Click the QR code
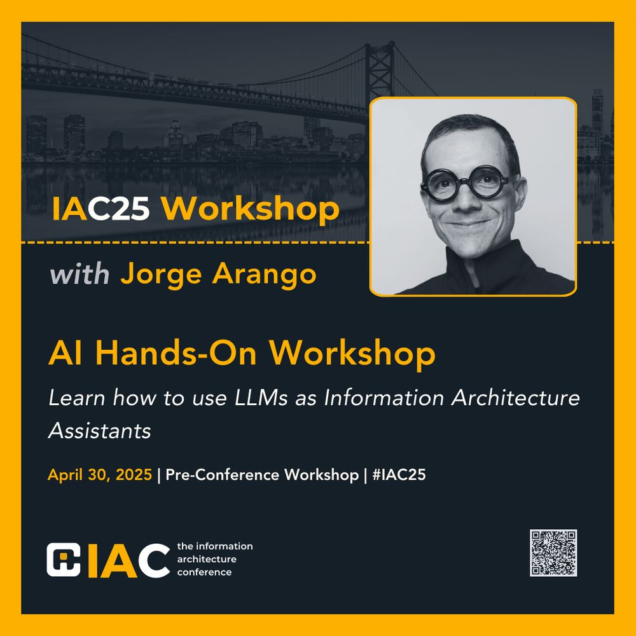553,553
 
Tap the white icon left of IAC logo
64,559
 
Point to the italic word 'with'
79,275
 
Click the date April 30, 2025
100,474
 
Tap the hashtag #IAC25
399,474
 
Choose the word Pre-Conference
223,474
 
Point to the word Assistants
100,431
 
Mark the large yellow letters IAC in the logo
128,559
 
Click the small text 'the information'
215,546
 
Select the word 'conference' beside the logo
204,572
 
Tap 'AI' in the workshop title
64,353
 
